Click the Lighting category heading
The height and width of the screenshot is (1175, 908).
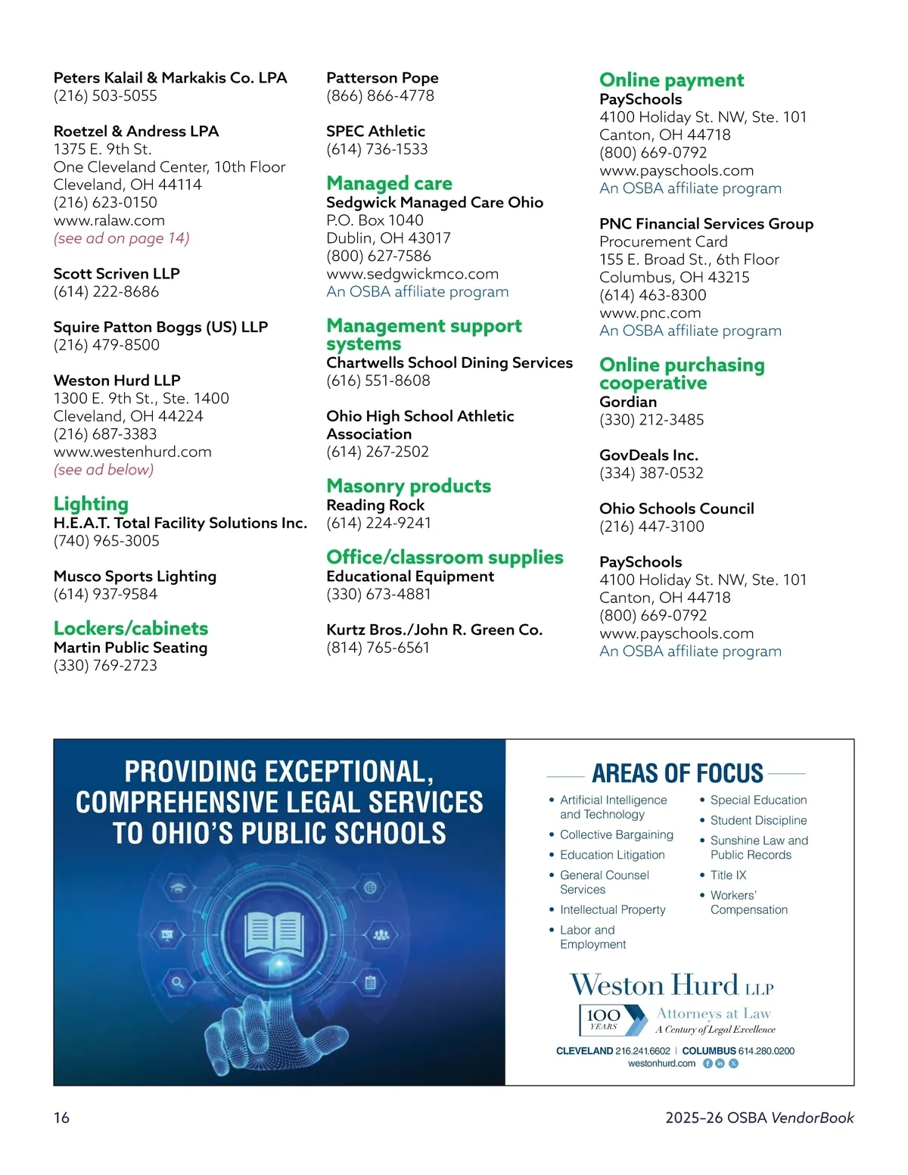91,504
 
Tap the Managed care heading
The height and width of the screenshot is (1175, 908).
389,183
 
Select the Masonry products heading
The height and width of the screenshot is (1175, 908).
409,486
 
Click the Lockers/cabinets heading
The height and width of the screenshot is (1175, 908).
130,629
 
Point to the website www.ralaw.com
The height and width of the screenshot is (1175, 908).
109,220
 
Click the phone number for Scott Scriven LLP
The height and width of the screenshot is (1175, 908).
106,291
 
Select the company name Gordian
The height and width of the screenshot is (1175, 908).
628,402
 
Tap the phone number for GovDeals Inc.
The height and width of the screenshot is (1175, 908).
651,473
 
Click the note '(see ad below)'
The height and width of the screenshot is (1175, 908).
104,470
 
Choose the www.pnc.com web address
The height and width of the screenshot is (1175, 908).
650,312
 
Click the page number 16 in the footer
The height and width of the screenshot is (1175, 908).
61,1117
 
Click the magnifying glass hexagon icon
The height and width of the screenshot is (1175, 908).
177,983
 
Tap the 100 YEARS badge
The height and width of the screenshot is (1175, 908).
604,1019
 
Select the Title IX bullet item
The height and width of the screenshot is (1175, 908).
728,875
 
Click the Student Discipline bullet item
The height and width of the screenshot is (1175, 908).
758,820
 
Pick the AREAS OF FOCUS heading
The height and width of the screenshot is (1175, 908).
677,773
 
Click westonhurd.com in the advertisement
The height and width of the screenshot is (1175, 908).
661,1063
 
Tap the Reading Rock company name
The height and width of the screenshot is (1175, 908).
375,505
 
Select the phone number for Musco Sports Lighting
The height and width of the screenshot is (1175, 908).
106,594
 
